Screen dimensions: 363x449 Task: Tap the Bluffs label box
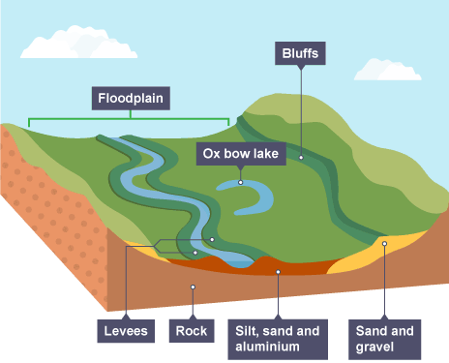(300, 52)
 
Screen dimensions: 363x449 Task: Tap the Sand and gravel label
(390, 338)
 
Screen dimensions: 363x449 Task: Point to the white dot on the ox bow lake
(241, 181)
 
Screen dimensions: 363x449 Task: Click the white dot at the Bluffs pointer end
(301, 156)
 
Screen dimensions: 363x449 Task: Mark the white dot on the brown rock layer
(193, 287)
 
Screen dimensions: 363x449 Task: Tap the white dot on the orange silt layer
(278, 272)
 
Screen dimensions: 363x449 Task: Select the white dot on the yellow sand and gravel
(384, 244)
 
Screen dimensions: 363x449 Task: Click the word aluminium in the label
(276, 346)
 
